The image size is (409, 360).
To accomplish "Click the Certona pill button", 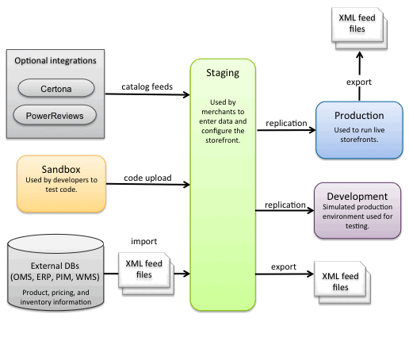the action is click(x=56, y=88).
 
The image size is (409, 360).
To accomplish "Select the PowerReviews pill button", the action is click(x=55, y=115).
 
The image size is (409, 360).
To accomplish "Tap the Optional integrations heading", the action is click(x=55, y=60).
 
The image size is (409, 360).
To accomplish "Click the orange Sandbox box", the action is click(x=61, y=184).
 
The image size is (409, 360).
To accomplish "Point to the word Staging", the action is click(x=223, y=73).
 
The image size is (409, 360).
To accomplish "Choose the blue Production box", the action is click(x=359, y=130).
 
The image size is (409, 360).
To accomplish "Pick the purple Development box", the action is click(x=357, y=210).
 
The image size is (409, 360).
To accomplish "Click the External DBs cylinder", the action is click(x=55, y=272).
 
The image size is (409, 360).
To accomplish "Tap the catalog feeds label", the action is click(x=147, y=86).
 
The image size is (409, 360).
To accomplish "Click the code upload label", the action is click(x=147, y=178).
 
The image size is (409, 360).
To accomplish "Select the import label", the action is click(x=144, y=241).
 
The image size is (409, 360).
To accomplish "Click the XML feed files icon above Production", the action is click(x=360, y=28).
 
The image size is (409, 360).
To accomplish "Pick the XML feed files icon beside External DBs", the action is click(x=146, y=274).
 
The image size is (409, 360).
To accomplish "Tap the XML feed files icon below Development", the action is click(x=342, y=282).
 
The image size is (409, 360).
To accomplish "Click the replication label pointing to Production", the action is click(x=286, y=123).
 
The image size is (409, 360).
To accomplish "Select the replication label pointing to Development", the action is click(x=285, y=205).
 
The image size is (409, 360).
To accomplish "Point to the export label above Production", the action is click(x=359, y=82).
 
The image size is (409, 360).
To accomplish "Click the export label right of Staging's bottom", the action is click(x=284, y=266).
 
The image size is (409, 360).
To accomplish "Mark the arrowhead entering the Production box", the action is click(x=312, y=130).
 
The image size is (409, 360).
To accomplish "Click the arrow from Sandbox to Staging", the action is click(x=148, y=184).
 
